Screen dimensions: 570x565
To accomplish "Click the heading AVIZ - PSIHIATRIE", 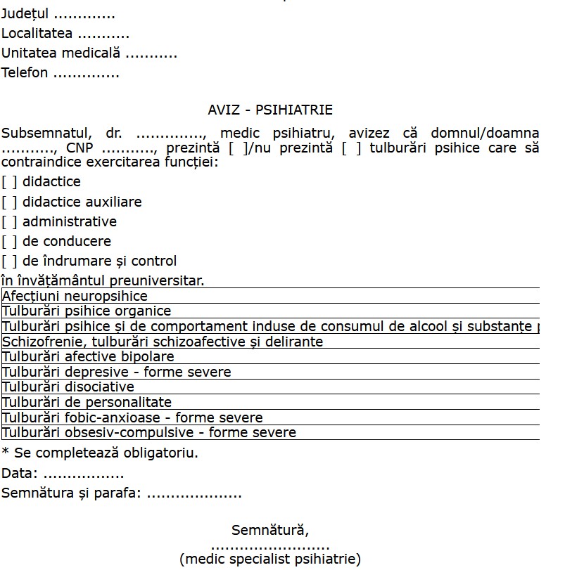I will point(270,110).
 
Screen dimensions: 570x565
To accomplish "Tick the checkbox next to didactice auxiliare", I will point(9,202).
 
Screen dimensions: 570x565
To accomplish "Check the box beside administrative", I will point(9,222).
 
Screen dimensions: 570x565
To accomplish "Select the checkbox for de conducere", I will point(9,242).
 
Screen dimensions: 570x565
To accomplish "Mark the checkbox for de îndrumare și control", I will point(9,261).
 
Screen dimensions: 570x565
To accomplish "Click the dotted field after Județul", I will point(84,15).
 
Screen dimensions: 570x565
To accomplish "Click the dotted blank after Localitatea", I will point(103,34).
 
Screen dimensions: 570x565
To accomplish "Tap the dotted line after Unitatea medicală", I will point(151,53).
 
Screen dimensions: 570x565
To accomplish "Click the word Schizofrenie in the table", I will point(39,342).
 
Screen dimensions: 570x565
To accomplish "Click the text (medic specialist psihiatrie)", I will point(270,559).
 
